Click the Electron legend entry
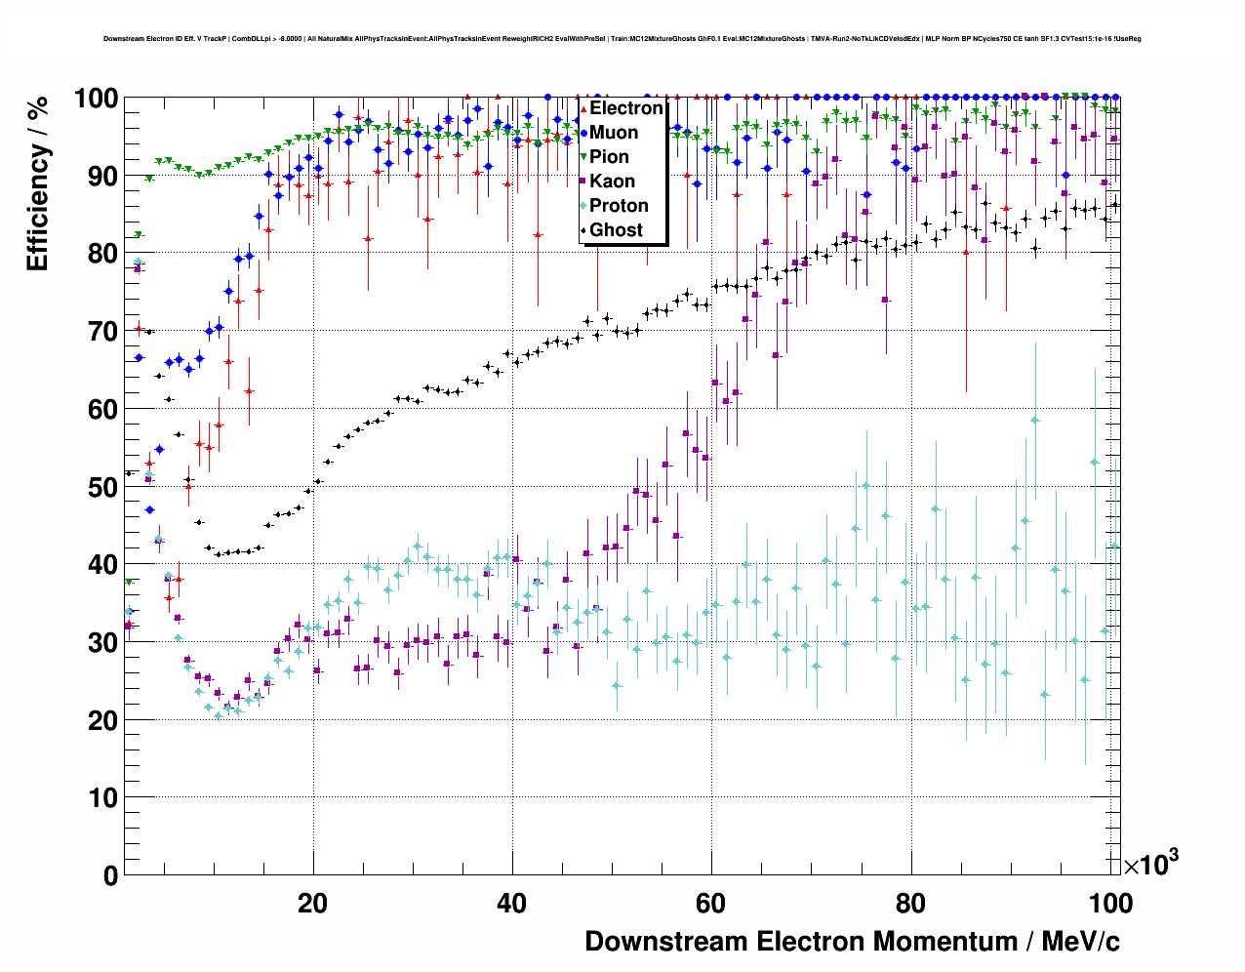625,108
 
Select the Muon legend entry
614,133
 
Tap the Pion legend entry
609,157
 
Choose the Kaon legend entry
612,182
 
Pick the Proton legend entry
619,206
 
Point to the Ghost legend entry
616,230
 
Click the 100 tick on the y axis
97,99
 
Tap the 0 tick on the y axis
110,875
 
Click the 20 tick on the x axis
313,904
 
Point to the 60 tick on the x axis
710,904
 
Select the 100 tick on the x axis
1110,904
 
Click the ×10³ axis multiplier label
1150,865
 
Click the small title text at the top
622,39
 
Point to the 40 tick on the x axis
511,904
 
